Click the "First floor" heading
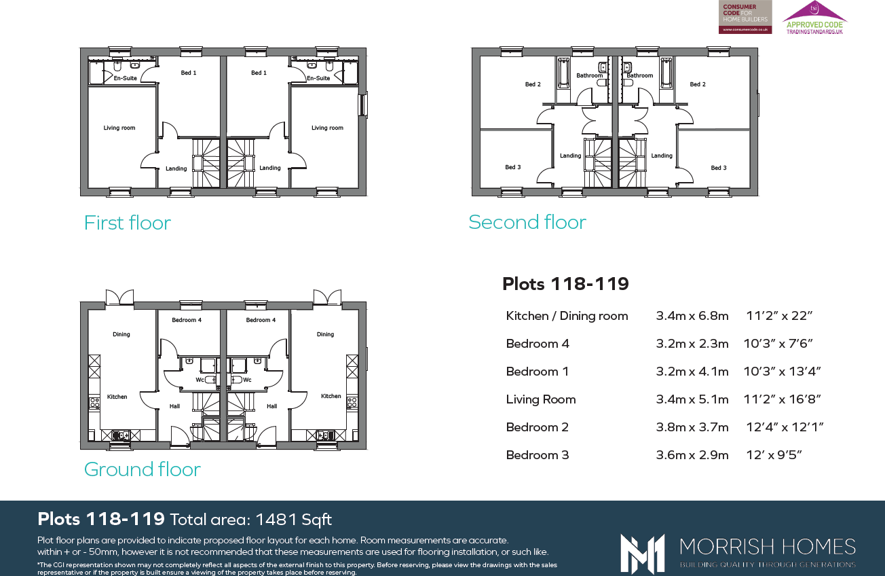pos(127,223)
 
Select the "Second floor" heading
pos(527,222)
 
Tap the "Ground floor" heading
pos(142,469)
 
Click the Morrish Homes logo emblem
pos(642,553)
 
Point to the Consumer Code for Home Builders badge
pos(745,17)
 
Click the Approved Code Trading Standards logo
pos(814,18)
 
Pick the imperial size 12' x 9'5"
pos(774,455)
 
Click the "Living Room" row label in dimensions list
pos(541,399)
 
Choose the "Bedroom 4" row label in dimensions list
pos(538,344)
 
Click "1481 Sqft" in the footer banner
pos(293,520)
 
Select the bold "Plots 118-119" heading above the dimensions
pos(565,284)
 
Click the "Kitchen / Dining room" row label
pos(567,316)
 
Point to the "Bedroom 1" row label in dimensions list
pos(537,372)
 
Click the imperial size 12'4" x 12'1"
pos(785,427)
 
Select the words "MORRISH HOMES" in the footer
pos(767,547)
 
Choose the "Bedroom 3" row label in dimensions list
pos(538,455)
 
